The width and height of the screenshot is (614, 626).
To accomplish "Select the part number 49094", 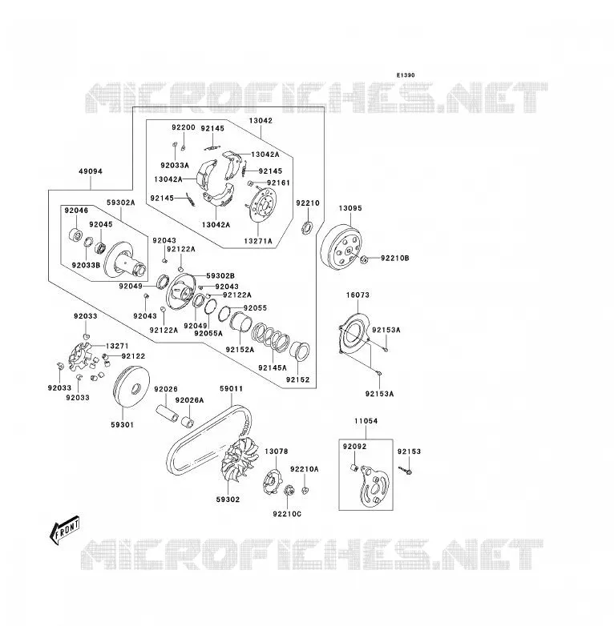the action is click(91, 171).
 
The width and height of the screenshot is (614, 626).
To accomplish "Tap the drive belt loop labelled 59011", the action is click(209, 439).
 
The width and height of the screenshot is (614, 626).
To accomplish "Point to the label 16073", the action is click(357, 295).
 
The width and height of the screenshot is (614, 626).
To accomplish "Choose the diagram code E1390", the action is click(406, 75).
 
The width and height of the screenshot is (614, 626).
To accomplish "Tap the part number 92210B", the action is click(395, 259).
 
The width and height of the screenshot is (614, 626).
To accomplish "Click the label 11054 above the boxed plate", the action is click(366, 421).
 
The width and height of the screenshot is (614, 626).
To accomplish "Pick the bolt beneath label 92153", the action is click(406, 471).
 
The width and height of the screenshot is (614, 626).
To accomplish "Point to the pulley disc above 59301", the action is click(132, 387).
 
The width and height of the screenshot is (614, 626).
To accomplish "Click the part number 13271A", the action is click(258, 241).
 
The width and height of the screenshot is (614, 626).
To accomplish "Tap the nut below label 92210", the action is click(306, 228).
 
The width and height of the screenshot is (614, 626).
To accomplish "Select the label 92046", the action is click(76, 211).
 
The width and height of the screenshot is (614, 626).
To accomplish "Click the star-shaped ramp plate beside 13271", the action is click(80, 355).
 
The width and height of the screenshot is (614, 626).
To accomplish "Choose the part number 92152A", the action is click(240, 350).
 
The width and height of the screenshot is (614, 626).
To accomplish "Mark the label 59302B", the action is click(220, 276).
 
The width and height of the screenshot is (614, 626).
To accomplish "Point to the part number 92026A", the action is click(189, 400).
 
